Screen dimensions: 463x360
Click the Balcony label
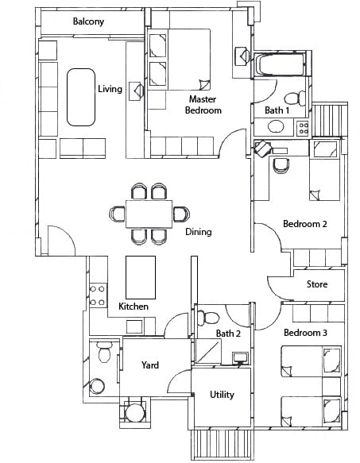pos(88,22)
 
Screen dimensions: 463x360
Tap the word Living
pos(110,89)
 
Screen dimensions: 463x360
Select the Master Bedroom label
pos(204,105)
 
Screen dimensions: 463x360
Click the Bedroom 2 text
pos(305,224)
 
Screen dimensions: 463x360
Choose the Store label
pos(316,284)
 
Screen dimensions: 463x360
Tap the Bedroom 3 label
pos(305,332)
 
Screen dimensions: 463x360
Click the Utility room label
pos(222,395)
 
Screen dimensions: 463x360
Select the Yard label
pos(150,365)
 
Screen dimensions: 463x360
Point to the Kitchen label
pos(134,307)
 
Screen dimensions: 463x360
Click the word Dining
pos(198,232)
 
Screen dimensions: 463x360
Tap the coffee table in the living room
pos(80,97)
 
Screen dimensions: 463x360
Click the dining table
pos(149,214)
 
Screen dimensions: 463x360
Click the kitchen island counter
pos(141,276)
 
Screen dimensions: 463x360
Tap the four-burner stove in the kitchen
pos(97,295)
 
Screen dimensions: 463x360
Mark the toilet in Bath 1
pos(293,98)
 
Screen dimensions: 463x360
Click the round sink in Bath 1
pos(277,126)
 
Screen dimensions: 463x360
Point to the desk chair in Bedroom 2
pos(281,164)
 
